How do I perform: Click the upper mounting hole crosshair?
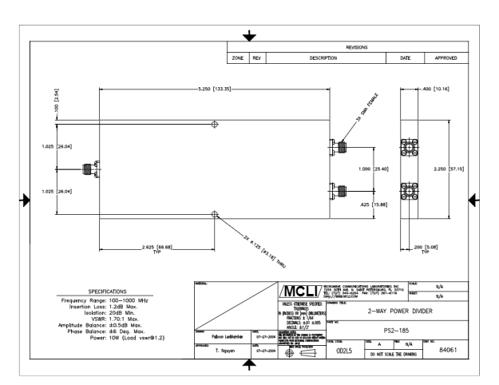pos(214,125)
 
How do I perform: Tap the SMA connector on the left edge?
pos(89,169)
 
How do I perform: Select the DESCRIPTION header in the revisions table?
pos(324,59)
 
